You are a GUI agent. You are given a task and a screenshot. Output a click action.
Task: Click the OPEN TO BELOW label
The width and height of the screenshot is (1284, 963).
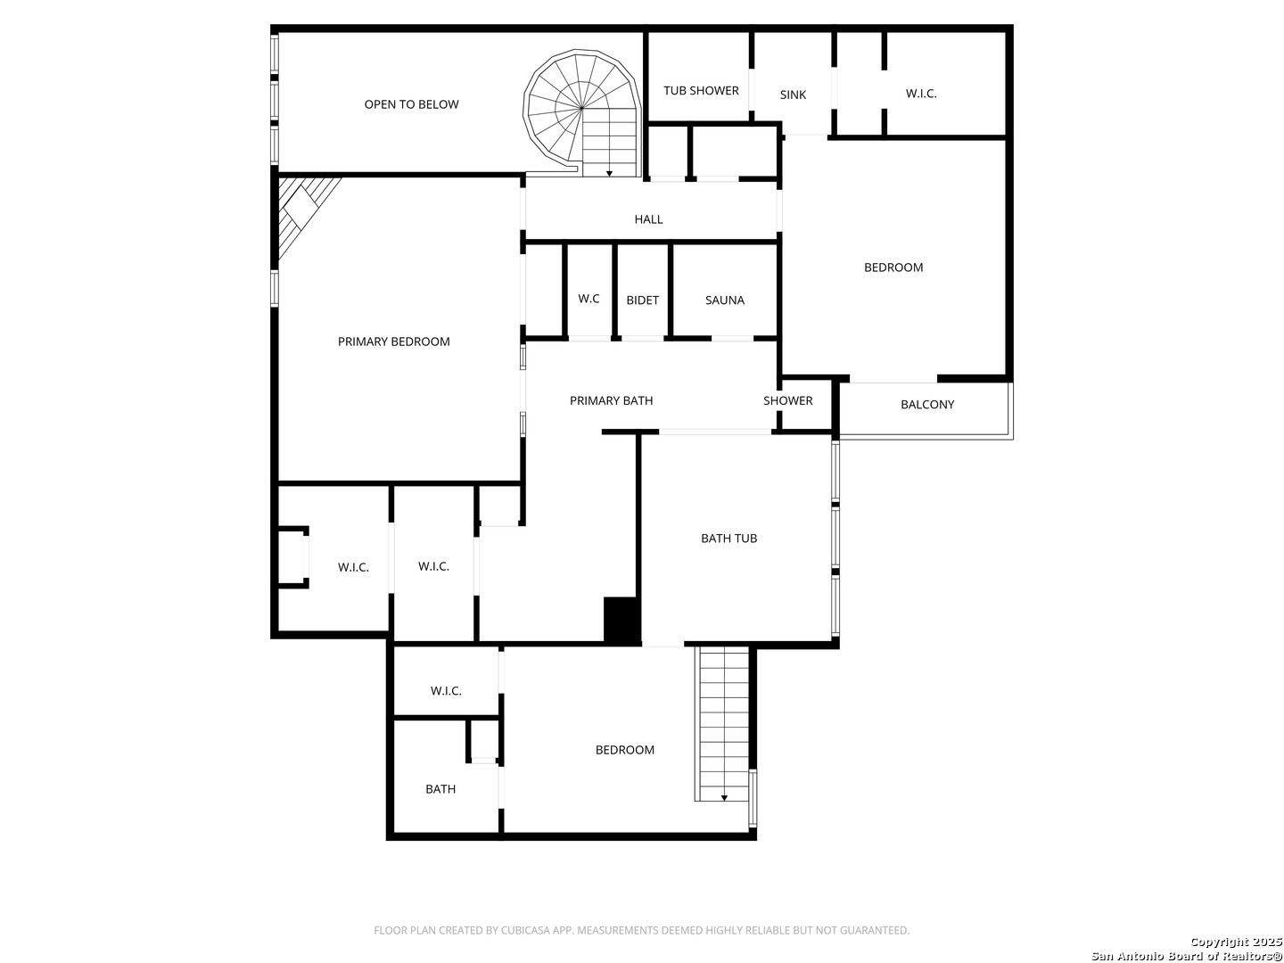pyautogui.click(x=411, y=104)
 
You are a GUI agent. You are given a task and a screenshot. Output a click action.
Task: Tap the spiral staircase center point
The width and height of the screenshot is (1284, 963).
pyautogui.click(x=581, y=108)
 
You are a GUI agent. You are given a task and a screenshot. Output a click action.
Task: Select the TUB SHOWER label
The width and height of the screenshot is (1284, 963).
pyautogui.click(x=701, y=91)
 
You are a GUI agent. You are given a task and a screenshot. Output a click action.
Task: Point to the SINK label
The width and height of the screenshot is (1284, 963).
pyautogui.click(x=793, y=95)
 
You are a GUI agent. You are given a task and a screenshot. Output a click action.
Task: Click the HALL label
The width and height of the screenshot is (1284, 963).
pyautogui.click(x=649, y=219)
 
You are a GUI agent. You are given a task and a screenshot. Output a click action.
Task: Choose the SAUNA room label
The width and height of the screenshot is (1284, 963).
pyautogui.click(x=725, y=300)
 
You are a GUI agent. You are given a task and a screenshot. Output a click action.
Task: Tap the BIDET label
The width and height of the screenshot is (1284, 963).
pyautogui.click(x=642, y=300)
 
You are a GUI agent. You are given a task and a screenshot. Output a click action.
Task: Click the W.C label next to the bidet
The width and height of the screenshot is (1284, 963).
pyautogui.click(x=588, y=299)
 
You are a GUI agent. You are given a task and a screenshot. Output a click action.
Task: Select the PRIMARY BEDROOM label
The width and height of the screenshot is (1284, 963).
pyautogui.click(x=394, y=342)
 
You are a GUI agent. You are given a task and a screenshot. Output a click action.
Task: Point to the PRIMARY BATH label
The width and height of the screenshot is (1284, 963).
pyautogui.click(x=612, y=401)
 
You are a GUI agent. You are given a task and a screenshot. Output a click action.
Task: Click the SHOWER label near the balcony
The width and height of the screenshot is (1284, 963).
pyautogui.click(x=788, y=401)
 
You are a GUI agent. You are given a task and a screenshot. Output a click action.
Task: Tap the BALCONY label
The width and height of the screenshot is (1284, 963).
pyautogui.click(x=927, y=405)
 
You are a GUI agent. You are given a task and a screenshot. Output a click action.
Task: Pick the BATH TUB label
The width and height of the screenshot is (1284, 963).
pyautogui.click(x=728, y=539)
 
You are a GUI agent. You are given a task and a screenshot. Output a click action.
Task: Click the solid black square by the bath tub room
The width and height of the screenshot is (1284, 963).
pyautogui.click(x=621, y=621)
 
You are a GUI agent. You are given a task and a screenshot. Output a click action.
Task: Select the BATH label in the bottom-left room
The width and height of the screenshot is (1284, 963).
pyautogui.click(x=440, y=789)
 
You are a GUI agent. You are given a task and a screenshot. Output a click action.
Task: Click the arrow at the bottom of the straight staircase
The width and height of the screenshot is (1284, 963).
pyautogui.click(x=724, y=797)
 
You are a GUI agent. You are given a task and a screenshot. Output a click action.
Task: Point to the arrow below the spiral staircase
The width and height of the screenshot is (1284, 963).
pyautogui.click(x=609, y=173)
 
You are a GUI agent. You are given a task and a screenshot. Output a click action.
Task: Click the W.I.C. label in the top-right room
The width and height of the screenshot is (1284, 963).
pyautogui.click(x=921, y=94)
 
